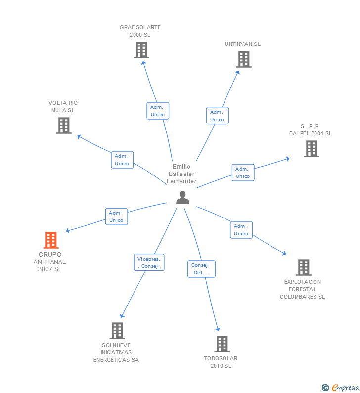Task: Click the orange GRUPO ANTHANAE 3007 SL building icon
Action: click(51, 240)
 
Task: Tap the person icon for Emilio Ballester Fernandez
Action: click(183, 198)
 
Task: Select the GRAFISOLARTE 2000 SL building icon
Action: click(141, 50)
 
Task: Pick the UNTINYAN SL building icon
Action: click(243, 59)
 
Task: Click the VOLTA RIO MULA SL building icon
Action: click(64, 126)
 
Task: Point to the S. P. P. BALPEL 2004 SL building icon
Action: click(311, 149)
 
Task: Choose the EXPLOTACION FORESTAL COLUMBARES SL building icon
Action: click(303, 267)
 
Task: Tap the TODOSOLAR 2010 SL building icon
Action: click(222, 344)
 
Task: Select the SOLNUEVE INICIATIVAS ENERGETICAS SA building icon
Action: click(117, 331)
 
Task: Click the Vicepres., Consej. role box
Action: click(149, 262)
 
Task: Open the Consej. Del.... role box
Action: click(201, 269)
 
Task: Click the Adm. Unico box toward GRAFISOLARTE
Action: click(158, 111)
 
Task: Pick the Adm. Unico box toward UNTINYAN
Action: click(217, 116)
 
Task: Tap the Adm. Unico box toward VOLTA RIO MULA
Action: click(122, 160)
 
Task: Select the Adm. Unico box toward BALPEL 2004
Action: click(243, 173)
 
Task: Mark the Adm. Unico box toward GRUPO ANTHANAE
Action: click(116, 217)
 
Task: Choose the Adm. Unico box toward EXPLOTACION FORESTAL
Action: click(241, 230)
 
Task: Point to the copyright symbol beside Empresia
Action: click(325, 388)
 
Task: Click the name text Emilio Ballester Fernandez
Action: click(181, 174)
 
